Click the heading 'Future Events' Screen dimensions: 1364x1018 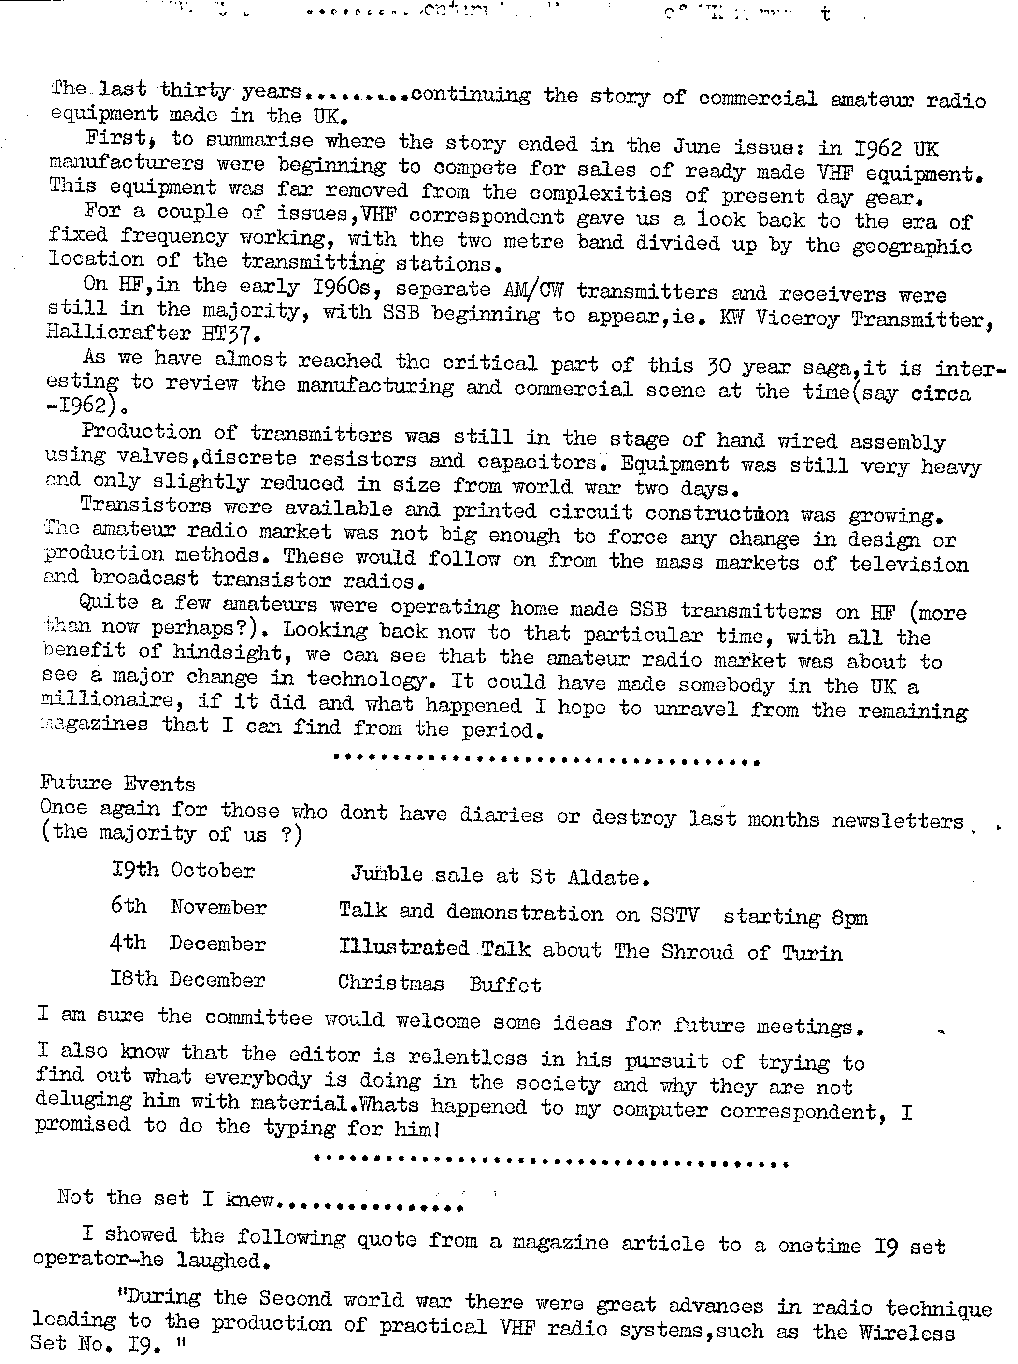tap(118, 784)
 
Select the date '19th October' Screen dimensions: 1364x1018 tap(183, 871)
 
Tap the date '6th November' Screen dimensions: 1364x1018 tap(188, 907)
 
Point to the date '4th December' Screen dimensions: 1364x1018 tap(187, 943)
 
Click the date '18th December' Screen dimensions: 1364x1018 tap(187, 979)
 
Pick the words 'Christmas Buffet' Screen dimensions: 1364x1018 tap(439, 984)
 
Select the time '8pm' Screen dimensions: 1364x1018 tap(849, 918)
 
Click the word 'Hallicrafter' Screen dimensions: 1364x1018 tap(118, 333)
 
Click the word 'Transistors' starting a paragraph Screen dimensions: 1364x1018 tap(145, 506)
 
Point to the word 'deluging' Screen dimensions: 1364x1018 tap(83, 1100)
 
